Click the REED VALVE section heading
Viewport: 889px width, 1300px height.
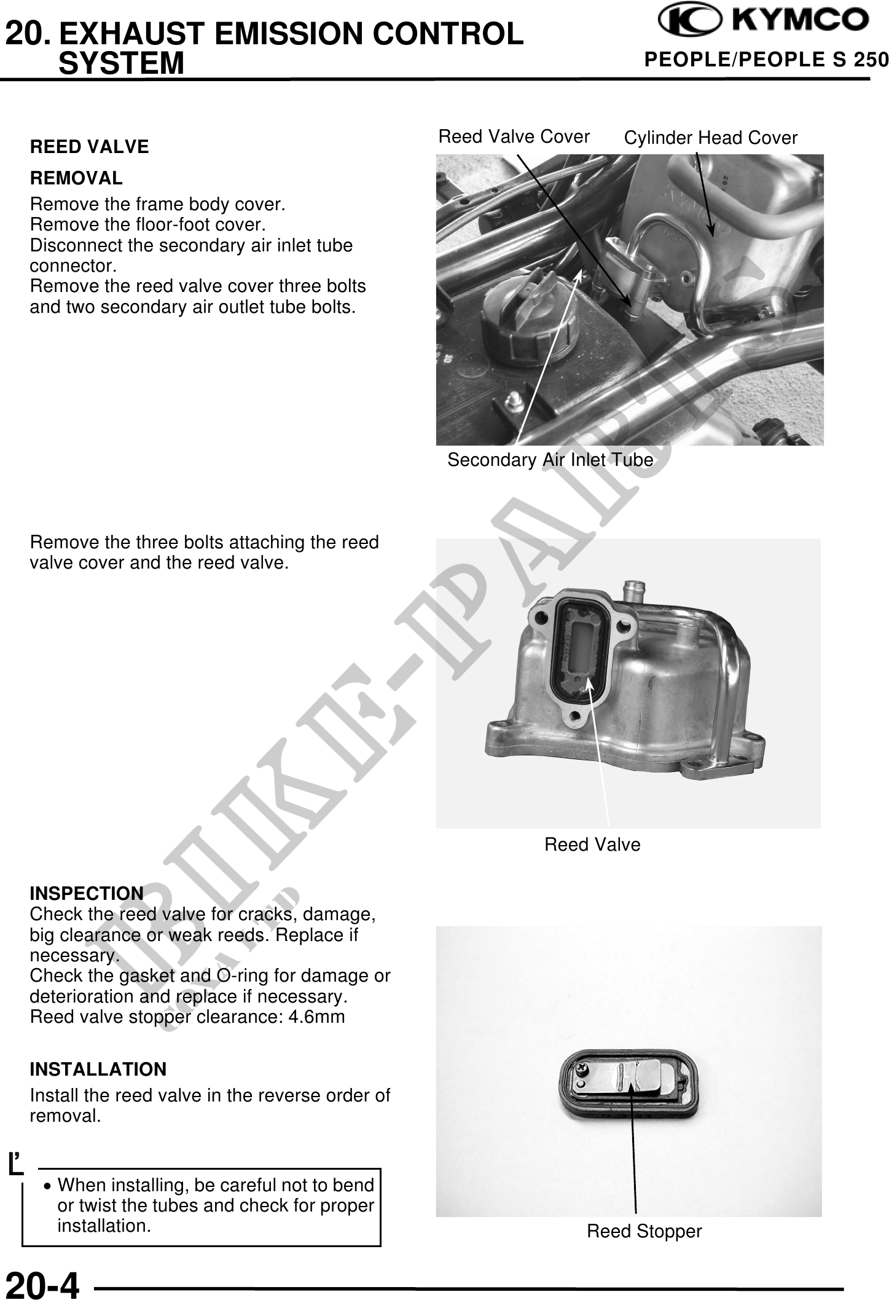[x=90, y=147]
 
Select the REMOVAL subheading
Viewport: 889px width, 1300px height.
[x=76, y=178]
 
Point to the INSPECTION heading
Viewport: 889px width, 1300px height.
[x=87, y=892]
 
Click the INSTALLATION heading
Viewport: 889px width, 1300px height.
[x=98, y=1070]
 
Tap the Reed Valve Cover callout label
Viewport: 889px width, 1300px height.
[x=514, y=136]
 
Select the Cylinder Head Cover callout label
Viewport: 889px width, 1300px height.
[x=710, y=138]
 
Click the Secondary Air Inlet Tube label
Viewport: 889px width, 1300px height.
[x=550, y=460]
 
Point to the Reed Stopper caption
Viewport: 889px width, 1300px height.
[x=644, y=1231]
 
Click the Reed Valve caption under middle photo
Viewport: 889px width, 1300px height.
[x=592, y=845]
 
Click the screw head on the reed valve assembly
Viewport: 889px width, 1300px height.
[x=581, y=1070]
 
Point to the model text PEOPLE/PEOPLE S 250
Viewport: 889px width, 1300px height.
[x=766, y=60]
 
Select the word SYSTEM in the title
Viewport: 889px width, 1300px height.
[x=122, y=63]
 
